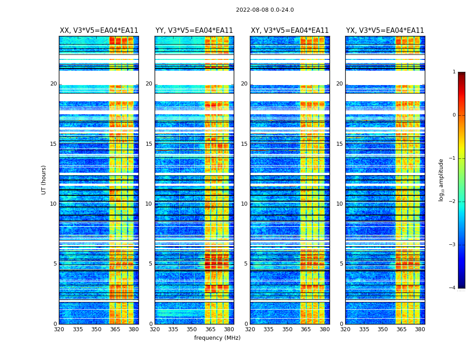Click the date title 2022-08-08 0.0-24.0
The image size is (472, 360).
265,10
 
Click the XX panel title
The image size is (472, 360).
99,31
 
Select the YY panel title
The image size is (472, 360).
194,31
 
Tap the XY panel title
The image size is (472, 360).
289,31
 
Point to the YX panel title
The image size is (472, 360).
385,31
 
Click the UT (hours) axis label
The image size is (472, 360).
44,180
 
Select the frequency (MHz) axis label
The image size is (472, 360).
217,338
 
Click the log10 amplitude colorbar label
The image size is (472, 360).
441,180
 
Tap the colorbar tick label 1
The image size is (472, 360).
454,72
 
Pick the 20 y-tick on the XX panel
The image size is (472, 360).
53,84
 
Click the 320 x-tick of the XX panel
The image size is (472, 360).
59,329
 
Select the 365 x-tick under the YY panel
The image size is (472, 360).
210,329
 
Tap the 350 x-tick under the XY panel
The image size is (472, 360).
287,329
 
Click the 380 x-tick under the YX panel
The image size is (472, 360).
420,329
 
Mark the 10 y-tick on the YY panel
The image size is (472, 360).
149,204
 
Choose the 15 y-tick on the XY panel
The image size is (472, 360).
244,144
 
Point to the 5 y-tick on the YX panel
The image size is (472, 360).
341,264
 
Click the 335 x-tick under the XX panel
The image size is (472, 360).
78,329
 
